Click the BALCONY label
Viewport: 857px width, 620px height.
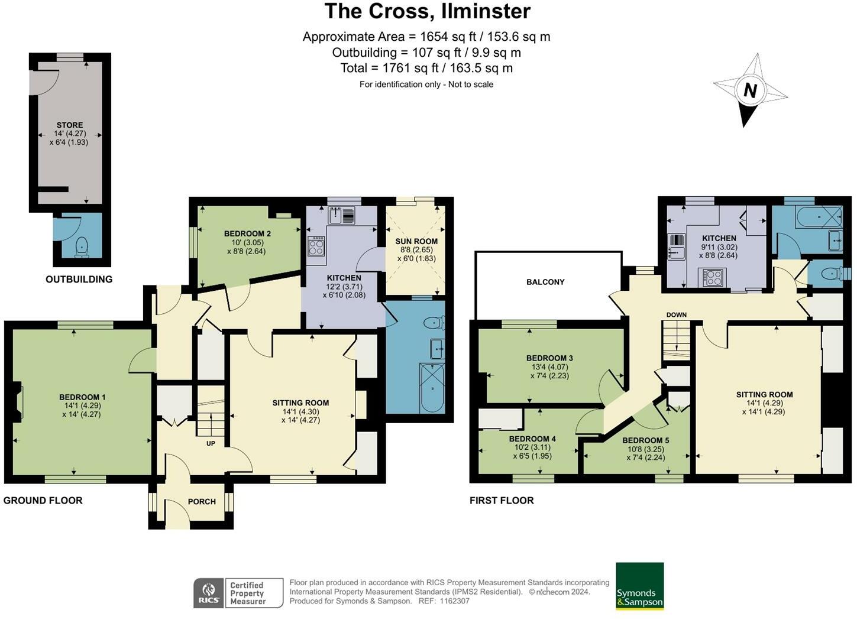click(545, 282)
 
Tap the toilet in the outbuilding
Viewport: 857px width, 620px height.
click(82, 246)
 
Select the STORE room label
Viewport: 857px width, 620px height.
click(70, 125)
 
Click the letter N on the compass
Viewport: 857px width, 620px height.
click(750, 90)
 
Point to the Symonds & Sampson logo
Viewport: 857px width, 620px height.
click(639, 586)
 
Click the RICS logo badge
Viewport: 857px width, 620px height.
click(209, 593)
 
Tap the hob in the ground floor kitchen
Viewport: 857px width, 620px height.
click(316, 246)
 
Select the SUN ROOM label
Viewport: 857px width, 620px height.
click(416, 241)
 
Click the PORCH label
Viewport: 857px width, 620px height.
click(202, 501)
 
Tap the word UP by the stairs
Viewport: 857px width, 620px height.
click(211, 443)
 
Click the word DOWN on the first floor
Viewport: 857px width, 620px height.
click(676, 314)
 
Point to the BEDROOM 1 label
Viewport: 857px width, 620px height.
click(82, 397)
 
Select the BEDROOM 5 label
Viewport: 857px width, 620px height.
click(646, 440)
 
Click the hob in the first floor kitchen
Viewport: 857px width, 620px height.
click(714, 277)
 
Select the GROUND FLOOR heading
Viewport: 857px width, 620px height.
click(43, 501)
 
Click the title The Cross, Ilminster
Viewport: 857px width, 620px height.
click(428, 11)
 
